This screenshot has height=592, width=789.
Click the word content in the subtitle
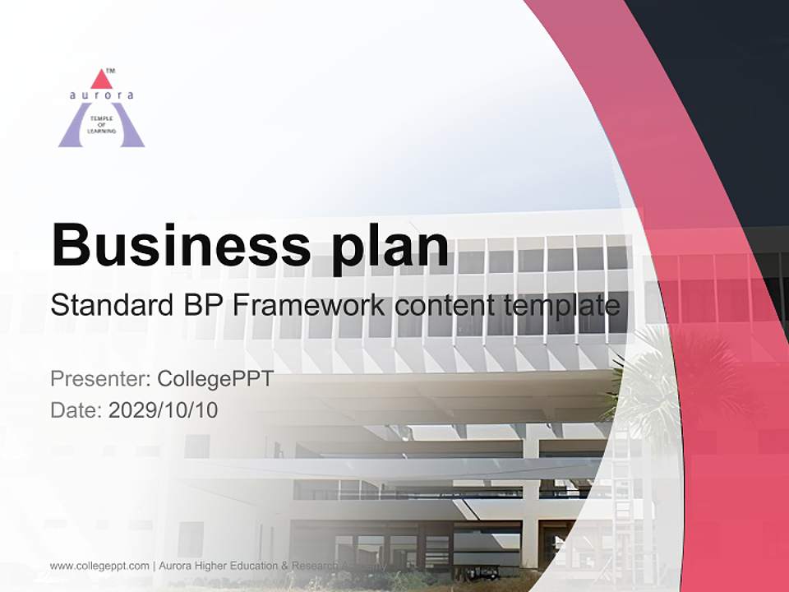[445, 306]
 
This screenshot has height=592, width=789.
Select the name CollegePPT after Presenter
[215, 379]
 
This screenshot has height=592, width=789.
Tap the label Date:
[76, 409]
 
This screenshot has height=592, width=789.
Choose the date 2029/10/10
[164, 409]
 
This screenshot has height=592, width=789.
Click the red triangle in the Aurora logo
[101, 79]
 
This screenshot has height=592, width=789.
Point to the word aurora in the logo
[101, 95]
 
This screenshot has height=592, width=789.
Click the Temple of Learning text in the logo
[101, 125]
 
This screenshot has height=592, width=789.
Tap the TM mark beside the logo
[111, 72]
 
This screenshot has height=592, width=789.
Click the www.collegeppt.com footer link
[99, 566]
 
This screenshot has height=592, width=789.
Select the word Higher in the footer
[215, 566]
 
